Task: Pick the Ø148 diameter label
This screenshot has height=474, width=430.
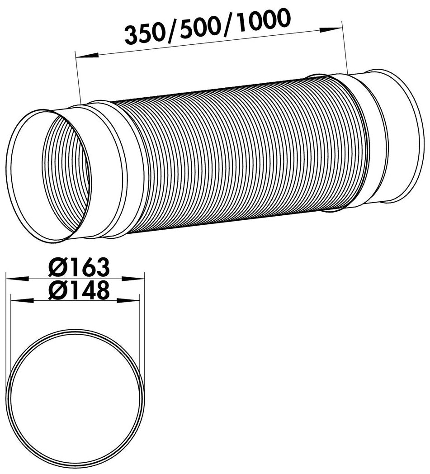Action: click(79, 290)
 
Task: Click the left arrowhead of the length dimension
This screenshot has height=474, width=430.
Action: click(88, 55)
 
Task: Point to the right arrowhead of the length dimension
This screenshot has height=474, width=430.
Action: click(331, 30)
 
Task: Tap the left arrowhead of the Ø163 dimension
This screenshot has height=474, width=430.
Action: click(17, 279)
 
